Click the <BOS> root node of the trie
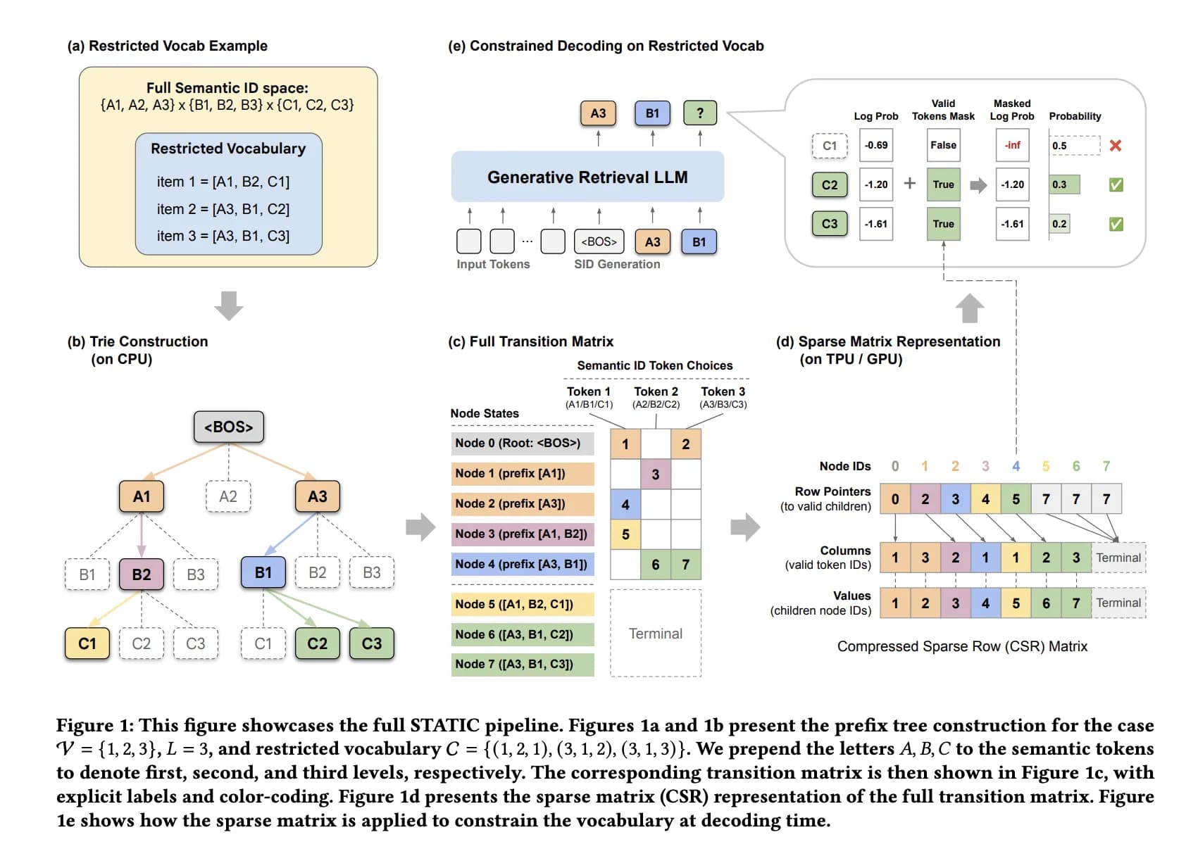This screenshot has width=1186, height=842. tap(228, 427)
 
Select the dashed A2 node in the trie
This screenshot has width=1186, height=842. tap(228, 496)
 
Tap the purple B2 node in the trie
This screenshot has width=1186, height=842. tap(141, 574)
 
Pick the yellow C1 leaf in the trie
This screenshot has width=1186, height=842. tap(87, 643)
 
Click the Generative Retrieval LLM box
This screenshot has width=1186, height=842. tap(587, 177)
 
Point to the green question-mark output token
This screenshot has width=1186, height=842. tap(699, 113)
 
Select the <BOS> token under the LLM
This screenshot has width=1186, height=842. tap(599, 241)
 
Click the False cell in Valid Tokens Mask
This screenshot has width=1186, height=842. tap(943, 145)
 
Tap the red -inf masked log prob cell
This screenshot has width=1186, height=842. tap(1012, 145)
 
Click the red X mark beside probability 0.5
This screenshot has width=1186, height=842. tap(1116, 146)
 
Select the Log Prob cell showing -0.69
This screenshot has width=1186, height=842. tap(876, 145)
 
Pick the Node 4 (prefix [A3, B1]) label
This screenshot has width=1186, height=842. tap(522, 564)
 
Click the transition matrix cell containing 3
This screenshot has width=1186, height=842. tap(656, 474)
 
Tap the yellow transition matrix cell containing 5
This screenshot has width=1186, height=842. tap(625, 534)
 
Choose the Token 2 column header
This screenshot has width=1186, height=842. tap(656, 396)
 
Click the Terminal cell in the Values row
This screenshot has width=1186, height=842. tap(1118, 603)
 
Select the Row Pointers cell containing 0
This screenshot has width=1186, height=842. tap(895, 498)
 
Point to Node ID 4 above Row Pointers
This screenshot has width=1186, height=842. tap(1016, 466)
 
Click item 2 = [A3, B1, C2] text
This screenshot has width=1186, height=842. tap(223, 208)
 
